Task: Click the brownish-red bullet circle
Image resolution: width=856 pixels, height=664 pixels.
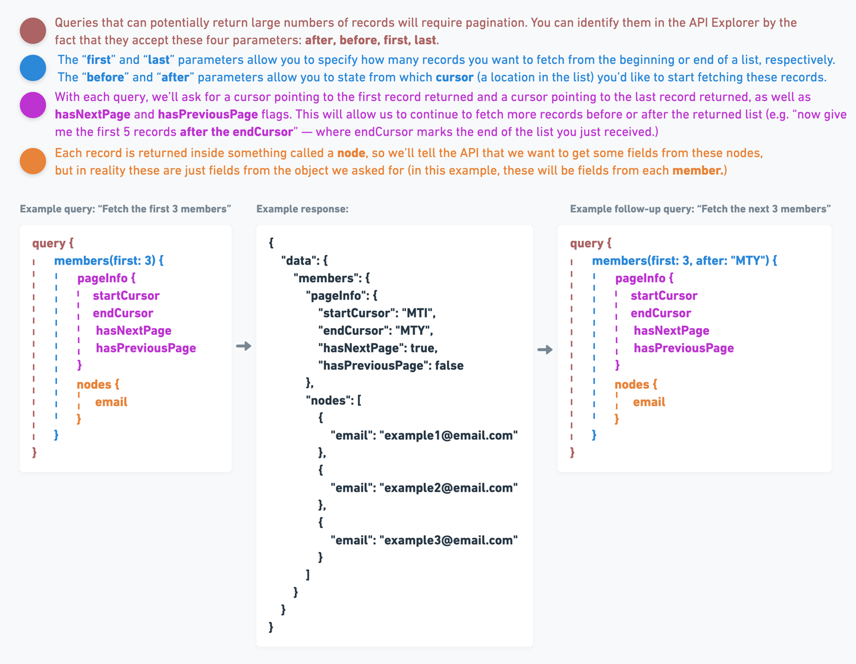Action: coord(33,31)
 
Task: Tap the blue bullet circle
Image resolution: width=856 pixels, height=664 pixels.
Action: coord(33,68)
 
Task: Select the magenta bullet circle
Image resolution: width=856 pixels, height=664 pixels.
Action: coord(33,105)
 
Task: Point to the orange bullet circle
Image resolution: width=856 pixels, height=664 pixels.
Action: coord(33,161)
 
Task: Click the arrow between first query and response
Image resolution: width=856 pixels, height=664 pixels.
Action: coord(244,346)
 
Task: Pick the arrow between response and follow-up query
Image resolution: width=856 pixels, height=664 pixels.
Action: coord(545,350)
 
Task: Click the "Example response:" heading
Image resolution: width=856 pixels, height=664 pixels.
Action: coord(302,209)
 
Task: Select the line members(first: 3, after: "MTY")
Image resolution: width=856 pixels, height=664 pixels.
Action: coord(684,260)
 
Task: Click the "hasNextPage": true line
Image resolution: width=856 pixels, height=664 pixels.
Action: coord(377,348)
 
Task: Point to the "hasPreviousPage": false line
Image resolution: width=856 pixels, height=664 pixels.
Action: coord(391,366)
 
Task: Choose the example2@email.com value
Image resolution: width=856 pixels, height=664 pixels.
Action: coord(449,488)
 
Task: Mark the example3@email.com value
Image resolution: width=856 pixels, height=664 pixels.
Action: coord(449,540)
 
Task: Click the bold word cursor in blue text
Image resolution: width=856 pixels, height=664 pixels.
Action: coord(454,77)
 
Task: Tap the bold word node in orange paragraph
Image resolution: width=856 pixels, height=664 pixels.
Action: coord(351,153)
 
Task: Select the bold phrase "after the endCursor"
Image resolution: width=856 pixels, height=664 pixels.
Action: coord(236,131)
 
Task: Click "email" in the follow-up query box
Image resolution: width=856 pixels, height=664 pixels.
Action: coord(649,402)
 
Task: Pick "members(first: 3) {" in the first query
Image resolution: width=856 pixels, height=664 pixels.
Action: coord(109,260)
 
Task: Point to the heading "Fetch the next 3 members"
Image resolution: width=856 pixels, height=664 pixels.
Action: coord(700,209)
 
